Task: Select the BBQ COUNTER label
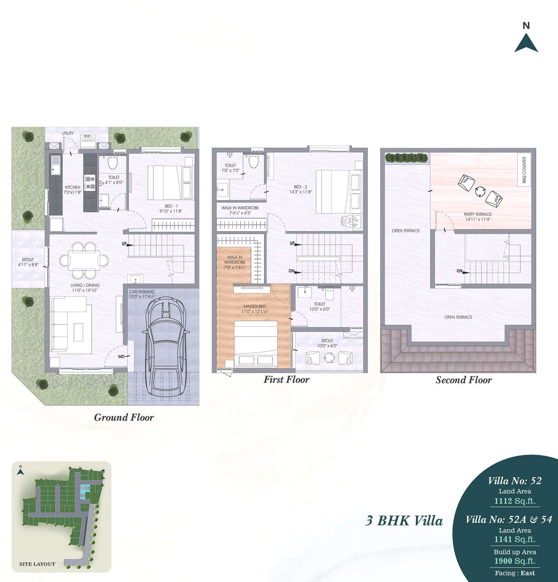[x=524, y=170]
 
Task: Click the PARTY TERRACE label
[x=478, y=214]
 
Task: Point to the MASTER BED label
[x=255, y=306]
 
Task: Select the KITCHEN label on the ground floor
[x=73, y=187]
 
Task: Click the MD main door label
[x=121, y=356]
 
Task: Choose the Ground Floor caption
[x=124, y=417]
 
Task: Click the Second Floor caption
[x=463, y=380]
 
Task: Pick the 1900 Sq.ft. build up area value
[x=515, y=561]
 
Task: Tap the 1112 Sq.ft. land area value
[x=515, y=501]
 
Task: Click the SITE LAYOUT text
[x=37, y=564]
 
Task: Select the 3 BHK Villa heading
[x=404, y=521]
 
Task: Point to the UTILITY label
[x=68, y=133]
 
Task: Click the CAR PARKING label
[x=142, y=292]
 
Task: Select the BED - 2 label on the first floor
[x=301, y=187]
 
